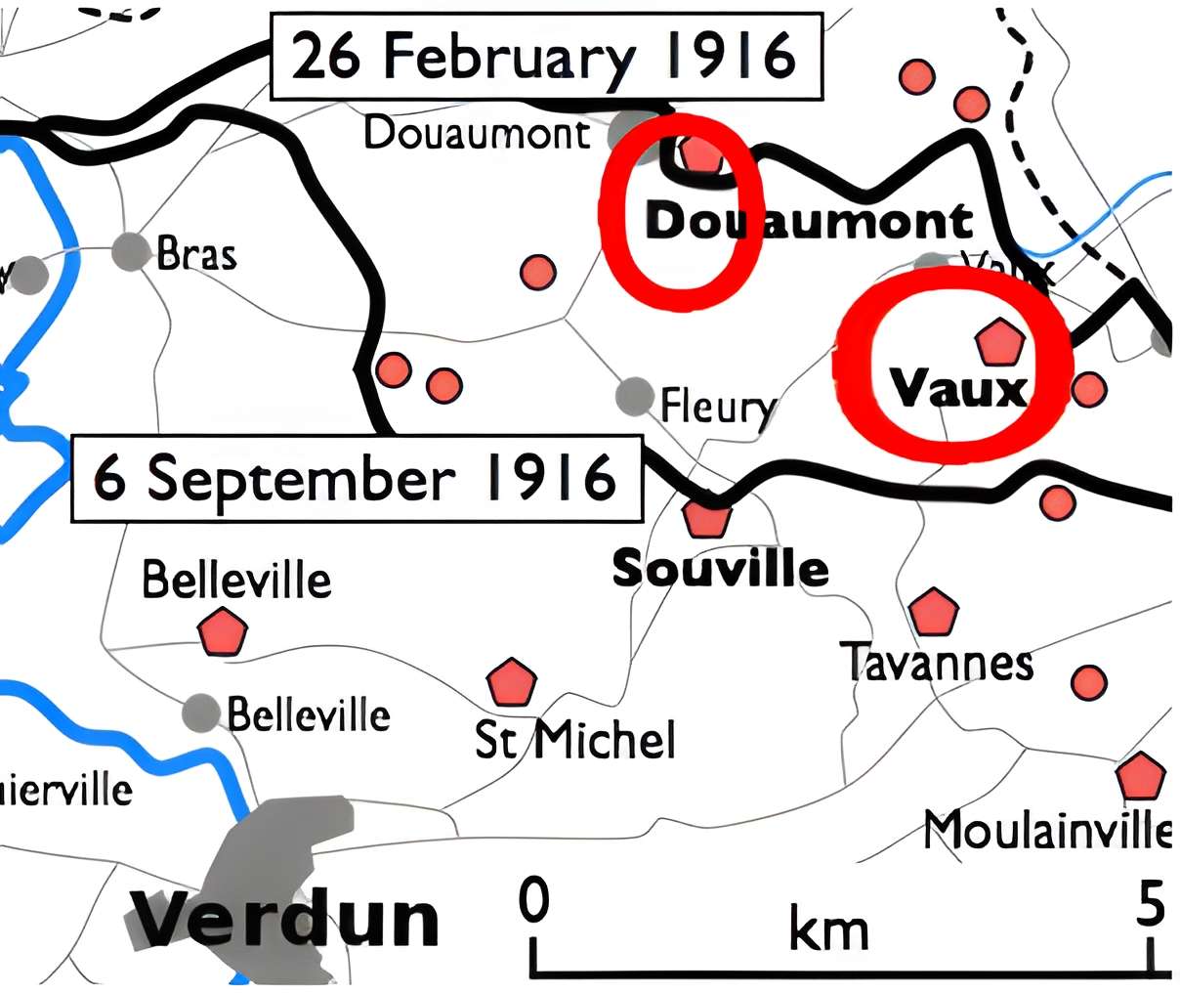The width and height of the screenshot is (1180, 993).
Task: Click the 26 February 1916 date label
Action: [544, 57]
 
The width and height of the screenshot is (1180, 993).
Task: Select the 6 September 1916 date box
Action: [357, 479]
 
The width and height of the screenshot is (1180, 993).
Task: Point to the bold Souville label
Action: [720, 567]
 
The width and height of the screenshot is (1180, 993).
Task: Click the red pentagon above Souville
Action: [706, 517]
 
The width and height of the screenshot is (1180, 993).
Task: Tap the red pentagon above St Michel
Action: [511, 682]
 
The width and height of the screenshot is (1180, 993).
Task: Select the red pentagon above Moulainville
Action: [1140, 777]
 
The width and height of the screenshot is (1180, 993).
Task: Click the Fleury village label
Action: [719, 405]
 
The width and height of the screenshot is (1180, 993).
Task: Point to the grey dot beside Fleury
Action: [635, 396]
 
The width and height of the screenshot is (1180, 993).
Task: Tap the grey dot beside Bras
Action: [129, 252]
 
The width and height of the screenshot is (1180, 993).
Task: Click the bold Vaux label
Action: [959, 389]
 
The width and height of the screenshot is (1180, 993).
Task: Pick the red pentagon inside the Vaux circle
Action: [999, 342]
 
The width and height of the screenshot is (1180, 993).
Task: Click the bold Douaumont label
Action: [809, 222]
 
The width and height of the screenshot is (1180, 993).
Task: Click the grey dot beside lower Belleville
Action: [202, 712]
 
